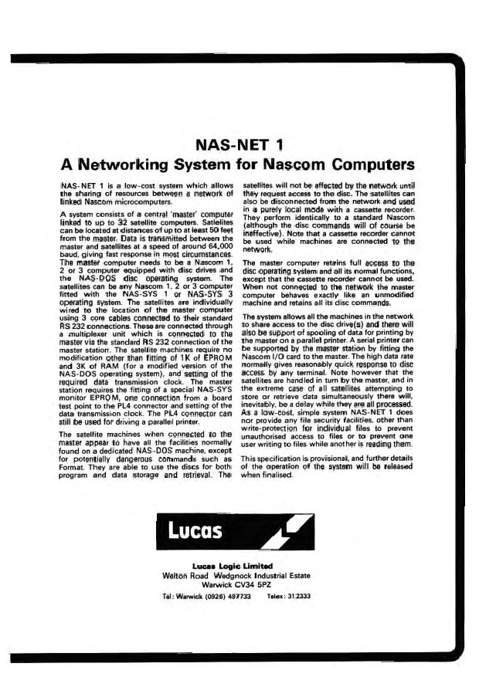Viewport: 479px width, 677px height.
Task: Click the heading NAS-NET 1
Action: pyautogui.click(x=239, y=144)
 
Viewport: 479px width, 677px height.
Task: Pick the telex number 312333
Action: pyautogui.click(x=297, y=597)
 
